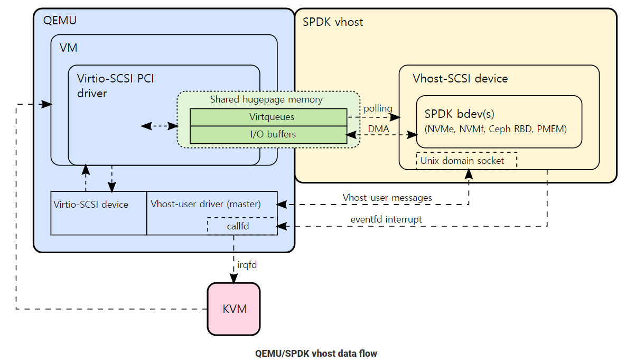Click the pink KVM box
233,309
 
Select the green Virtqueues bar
268,117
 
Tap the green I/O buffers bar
268,134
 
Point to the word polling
378,109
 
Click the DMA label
378,128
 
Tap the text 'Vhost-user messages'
387,198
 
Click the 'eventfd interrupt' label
386,219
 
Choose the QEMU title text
59,21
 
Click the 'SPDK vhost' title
333,23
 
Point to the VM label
68,48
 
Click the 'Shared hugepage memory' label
266,99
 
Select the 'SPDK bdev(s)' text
459,114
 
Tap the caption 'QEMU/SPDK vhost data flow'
316,353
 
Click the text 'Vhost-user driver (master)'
205,204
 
